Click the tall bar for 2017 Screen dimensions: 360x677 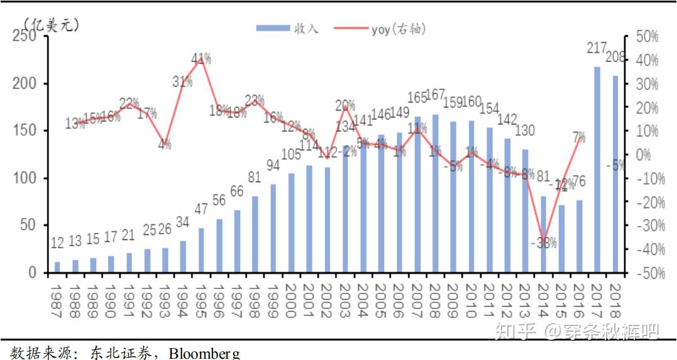point(597,170)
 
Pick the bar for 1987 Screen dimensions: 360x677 point(58,267)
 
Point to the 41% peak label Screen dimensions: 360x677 point(201,59)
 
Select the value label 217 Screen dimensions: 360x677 point(597,47)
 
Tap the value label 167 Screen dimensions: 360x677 point(435,95)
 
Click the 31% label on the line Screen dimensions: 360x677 point(182,81)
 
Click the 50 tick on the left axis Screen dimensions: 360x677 point(28,226)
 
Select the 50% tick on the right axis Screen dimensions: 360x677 point(646,36)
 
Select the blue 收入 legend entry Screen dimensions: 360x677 point(289,28)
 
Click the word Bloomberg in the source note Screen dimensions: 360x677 point(204,353)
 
